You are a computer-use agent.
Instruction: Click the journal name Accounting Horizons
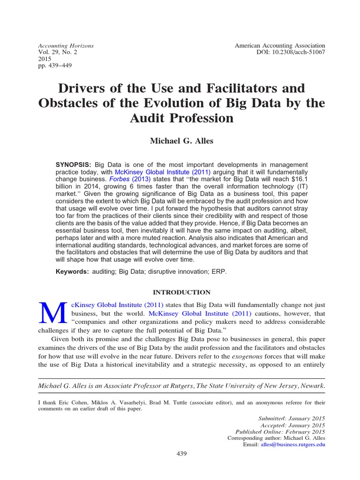point(66,45)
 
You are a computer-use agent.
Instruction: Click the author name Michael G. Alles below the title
point(181,141)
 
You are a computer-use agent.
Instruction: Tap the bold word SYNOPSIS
point(74,165)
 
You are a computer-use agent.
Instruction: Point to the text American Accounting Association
point(279,45)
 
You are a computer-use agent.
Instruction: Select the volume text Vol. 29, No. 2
point(57,53)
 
